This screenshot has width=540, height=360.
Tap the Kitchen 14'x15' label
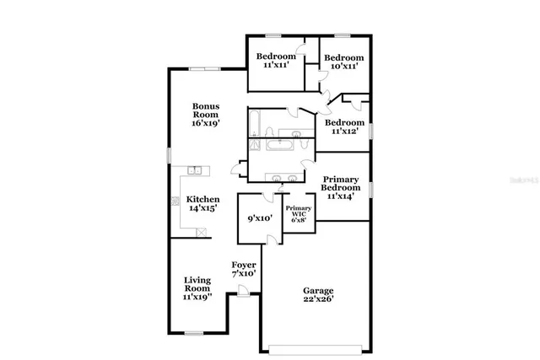click(x=202, y=204)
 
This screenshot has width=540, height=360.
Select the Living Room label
click(x=198, y=287)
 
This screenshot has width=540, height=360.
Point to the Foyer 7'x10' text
click(x=244, y=269)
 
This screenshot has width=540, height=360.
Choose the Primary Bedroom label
click(x=342, y=188)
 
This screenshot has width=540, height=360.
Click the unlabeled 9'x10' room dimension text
click(x=260, y=218)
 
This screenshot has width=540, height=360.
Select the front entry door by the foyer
click(x=242, y=292)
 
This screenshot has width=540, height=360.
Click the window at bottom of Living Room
click(x=196, y=332)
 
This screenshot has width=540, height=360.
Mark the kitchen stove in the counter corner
click(x=175, y=201)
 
